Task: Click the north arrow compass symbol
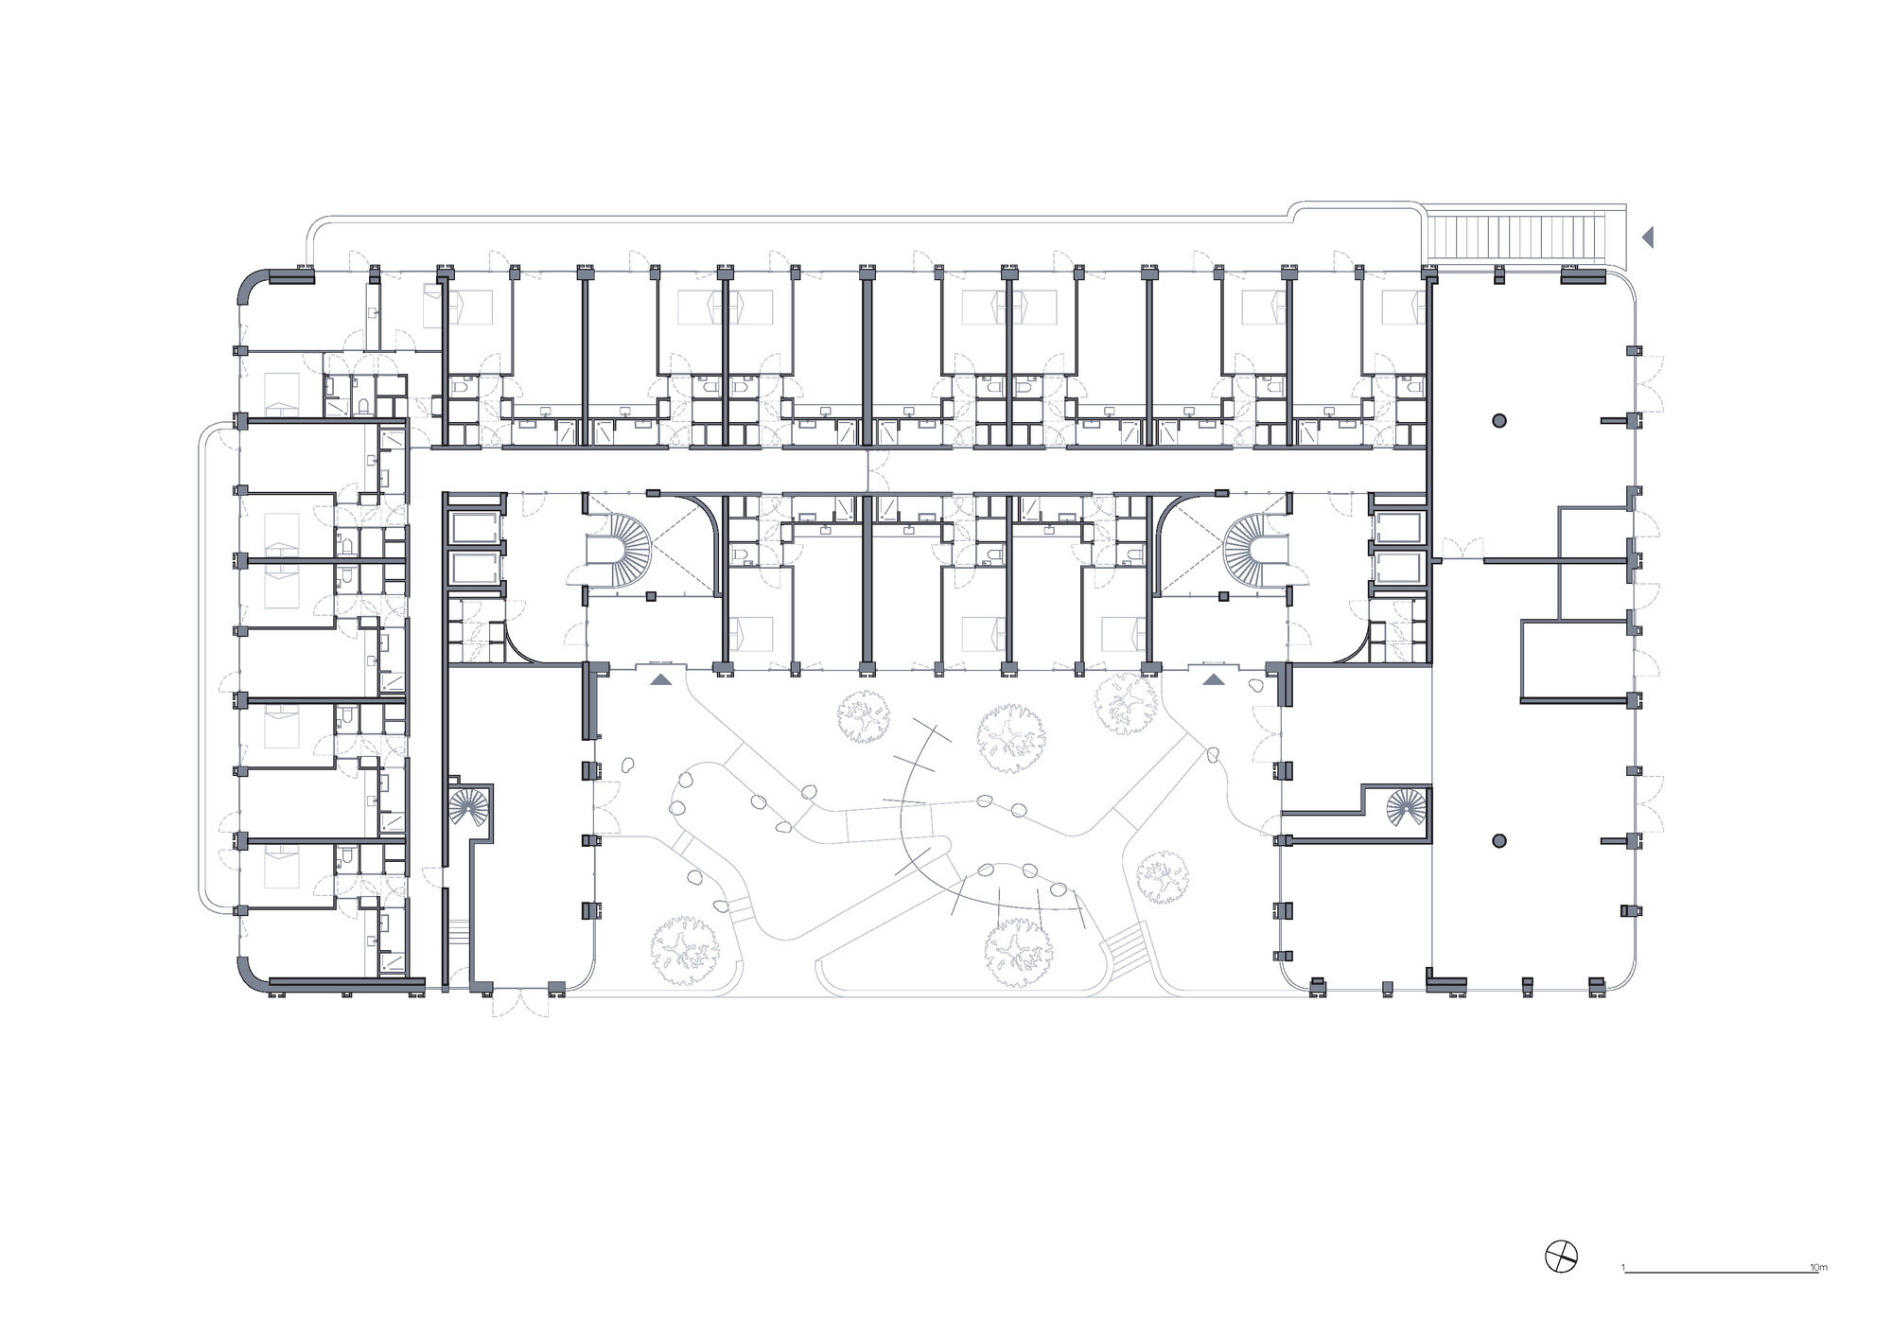click(1561, 1283)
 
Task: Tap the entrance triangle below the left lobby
click(660, 677)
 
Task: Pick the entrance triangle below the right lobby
click(1213, 677)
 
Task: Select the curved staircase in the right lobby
click(1255, 549)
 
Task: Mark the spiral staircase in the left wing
click(470, 807)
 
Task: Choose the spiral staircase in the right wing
click(1407, 806)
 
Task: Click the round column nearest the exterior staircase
click(1499, 420)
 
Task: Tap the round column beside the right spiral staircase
click(1499, 840)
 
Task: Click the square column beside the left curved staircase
click(651, 596)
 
